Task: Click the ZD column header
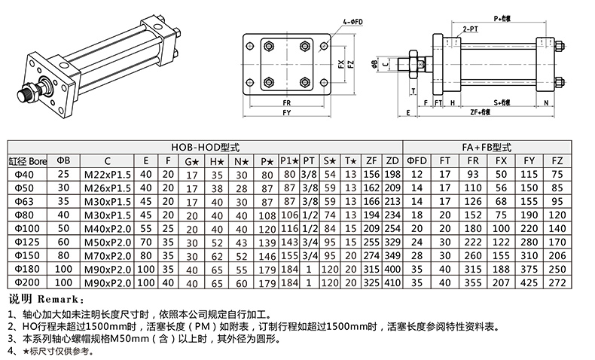point(392,160)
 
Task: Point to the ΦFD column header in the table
point(416,160)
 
